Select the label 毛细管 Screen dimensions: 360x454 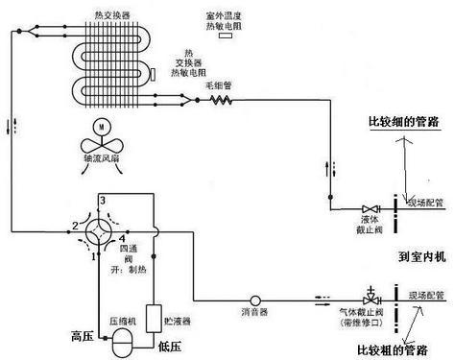point(219,84)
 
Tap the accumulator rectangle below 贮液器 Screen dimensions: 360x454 point(152,316)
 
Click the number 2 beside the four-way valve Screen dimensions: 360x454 point(74,226)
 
